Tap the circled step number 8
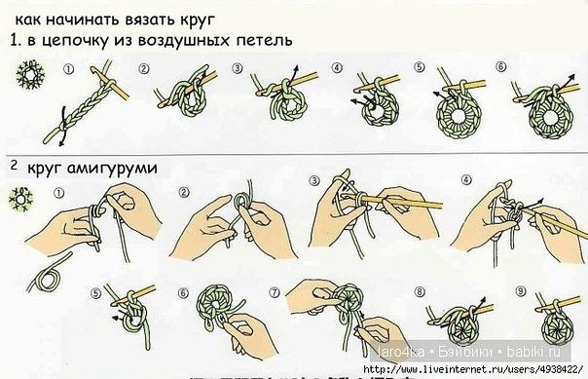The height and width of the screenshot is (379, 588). pyautogui.click(x=419, y=290)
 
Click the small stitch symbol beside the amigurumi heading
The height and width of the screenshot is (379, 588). pyautogui.click(x=18, y=201)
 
